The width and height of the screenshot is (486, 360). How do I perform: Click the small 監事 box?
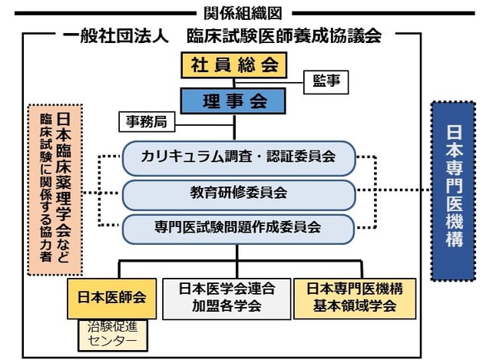click(326, 82)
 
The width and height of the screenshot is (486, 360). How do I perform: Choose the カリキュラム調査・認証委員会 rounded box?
click(238, 157)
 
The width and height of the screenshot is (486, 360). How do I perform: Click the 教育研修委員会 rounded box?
click(238, 192)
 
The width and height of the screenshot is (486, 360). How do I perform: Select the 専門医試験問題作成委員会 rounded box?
click(238, 227)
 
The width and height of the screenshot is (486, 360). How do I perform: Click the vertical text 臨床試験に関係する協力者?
click(45, 189)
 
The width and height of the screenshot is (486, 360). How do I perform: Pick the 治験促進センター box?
click(113, 334)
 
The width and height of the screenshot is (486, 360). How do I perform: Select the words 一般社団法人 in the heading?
click(115, 36)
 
